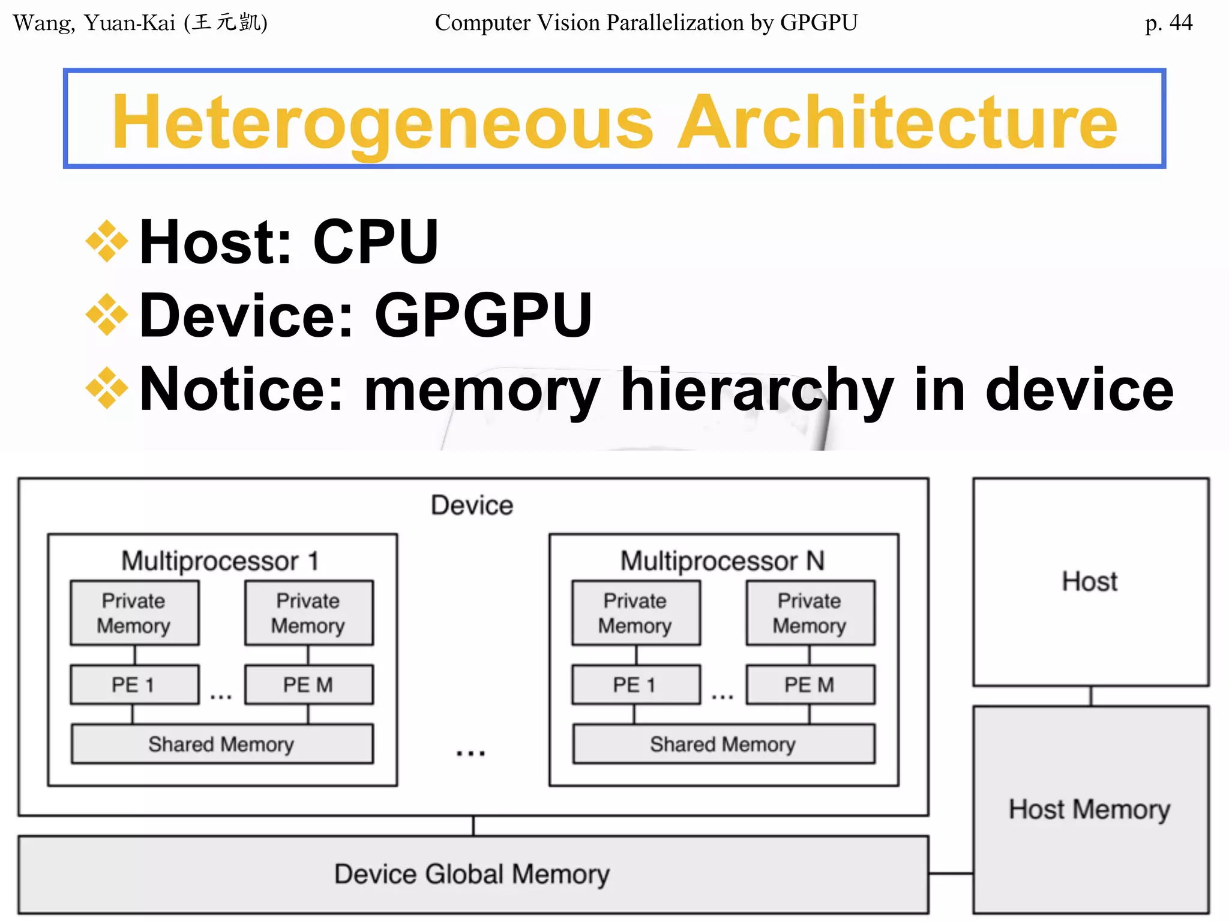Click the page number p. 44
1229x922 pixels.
tap(1168, 23)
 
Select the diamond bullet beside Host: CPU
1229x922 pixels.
tap(107, 241)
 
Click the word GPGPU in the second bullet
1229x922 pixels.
tap(483, 315)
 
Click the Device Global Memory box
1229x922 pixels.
tap(473, 874)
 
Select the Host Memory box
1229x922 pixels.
tap(1090, 809)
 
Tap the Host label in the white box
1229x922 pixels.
tap(1090, 581)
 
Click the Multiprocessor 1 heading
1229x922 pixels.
tap(220, 561)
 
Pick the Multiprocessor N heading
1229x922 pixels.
tap(723, 561)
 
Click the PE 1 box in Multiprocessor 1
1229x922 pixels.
tap(134, 684)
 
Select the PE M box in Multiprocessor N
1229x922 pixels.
tap(810, 684)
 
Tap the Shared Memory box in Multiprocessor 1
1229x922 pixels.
tap(221, 744)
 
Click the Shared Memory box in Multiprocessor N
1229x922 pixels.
tap(723, 744)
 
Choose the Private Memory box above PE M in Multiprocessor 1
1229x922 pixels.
tap(308, 613)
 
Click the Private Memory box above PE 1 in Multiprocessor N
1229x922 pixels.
tap(636, 613)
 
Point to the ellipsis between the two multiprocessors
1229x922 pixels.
tap(471, 753)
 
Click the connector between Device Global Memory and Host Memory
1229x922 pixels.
tap(951, 873)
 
